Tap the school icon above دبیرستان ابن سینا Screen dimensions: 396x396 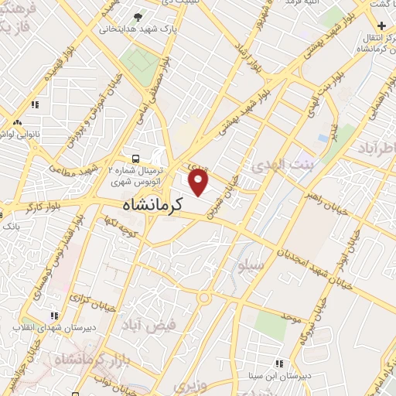pyautogui.click(x=279, y=363)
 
